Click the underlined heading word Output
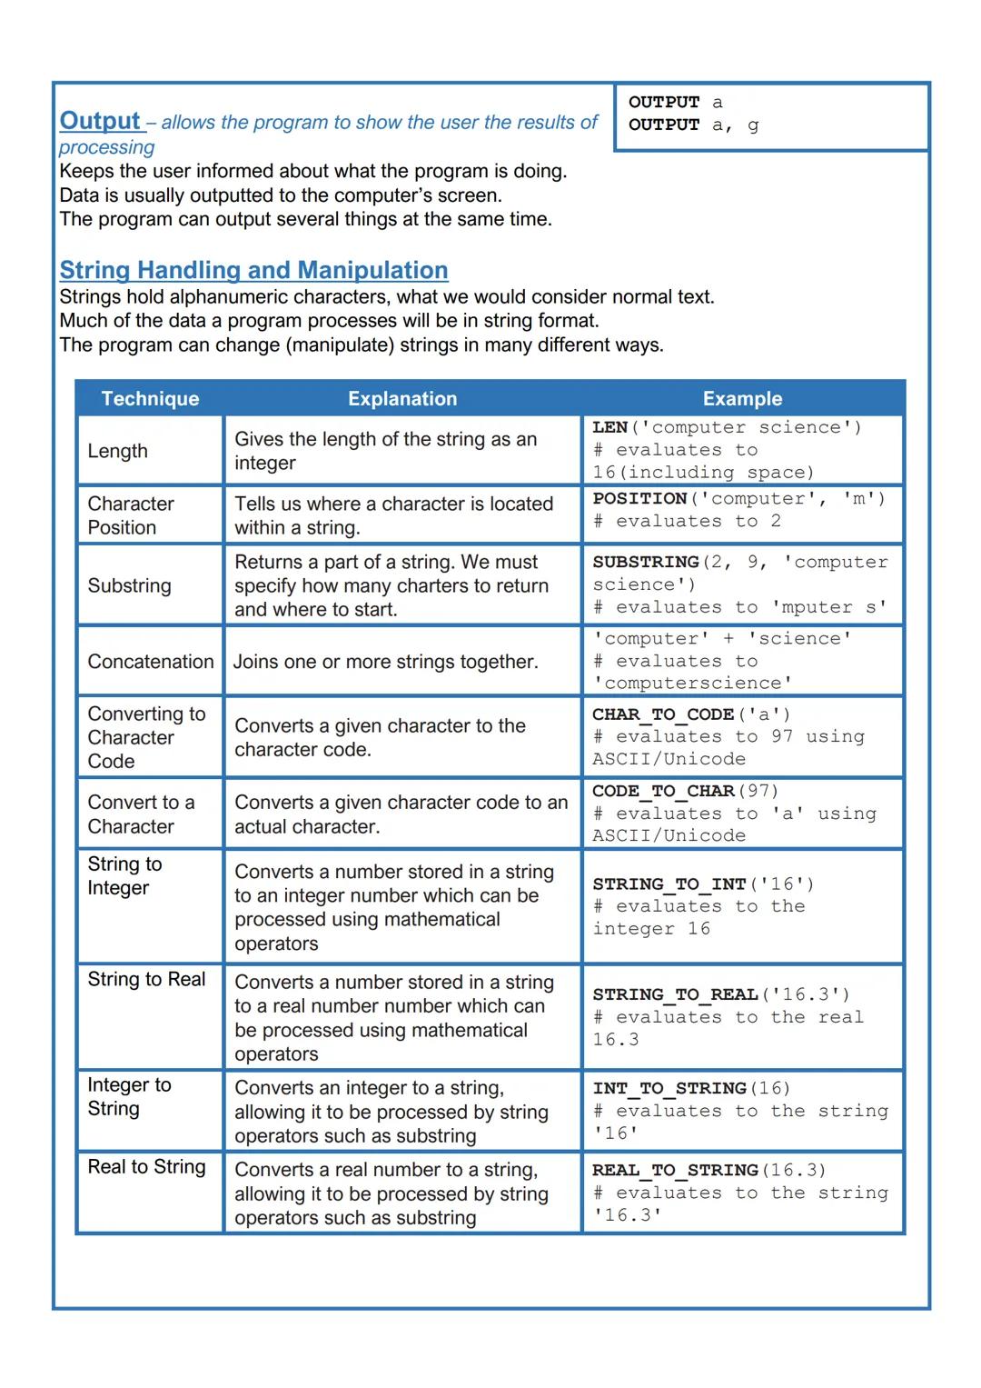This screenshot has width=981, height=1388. coord(100,121)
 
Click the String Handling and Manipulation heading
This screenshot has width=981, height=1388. coord(253,270)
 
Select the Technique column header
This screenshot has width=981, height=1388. coord(150,399)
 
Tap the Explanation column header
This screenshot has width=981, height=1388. coord(402,399)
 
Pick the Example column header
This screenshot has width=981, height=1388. coord(742,399)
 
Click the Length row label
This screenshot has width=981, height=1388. coord(117,451)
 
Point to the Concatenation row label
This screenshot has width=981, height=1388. coord(151,662)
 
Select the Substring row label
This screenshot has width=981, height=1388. coord(129,585)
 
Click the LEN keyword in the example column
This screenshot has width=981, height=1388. coord(609,427)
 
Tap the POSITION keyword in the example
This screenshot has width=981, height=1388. coord(639,499)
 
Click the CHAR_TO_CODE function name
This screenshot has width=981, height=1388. coord(663,714)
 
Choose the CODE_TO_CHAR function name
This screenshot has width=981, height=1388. coord(663,791)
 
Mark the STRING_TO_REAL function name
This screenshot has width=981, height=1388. coord(675,994)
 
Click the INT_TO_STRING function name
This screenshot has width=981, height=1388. coord(669,1088)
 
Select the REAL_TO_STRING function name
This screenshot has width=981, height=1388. coord(675,1170)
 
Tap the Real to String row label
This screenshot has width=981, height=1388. coord(146,1167)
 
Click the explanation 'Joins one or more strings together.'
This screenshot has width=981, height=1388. coord(386,662)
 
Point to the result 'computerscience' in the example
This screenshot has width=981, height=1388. coord(692,684)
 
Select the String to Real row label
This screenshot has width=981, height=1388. coord(146,980)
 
